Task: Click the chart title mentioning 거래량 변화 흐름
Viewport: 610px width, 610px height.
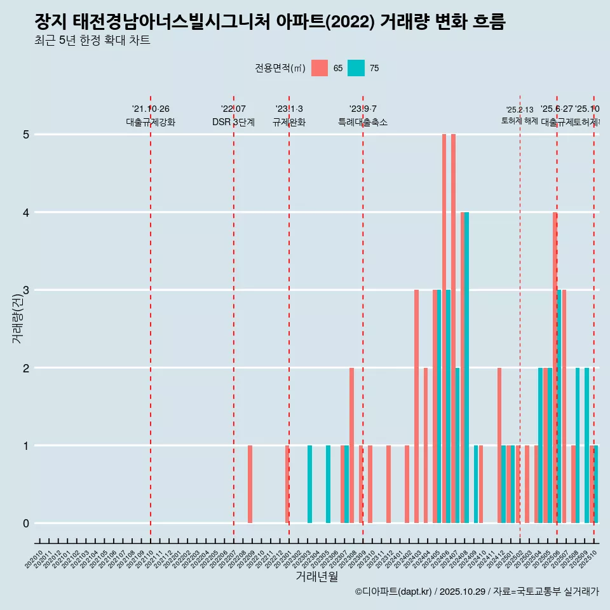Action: coord(270,22)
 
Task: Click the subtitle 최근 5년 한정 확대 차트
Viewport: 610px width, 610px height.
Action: coord(92,41)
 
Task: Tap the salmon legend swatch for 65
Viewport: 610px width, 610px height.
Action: coord(320,68)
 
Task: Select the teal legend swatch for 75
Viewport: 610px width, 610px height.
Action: coord(356,68)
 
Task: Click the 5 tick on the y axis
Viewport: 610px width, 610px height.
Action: coord(26,135)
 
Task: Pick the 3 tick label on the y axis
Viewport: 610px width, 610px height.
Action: coord(26,290)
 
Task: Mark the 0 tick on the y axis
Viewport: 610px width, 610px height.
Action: coord(26,524)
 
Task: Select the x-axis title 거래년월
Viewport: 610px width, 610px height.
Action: coord(316,576)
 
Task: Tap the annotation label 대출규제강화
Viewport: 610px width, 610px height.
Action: coord(151,122)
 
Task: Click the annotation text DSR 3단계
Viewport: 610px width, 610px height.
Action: coord(233,122)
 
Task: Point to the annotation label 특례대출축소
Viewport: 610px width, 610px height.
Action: coord(363,122)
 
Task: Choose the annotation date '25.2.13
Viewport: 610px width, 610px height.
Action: coord(520,110)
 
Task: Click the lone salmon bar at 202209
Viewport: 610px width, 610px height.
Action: coord(250,484)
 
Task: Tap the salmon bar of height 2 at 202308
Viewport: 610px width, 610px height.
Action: coord(351,445)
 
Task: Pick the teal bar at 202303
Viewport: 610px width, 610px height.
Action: coord(310,484)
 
